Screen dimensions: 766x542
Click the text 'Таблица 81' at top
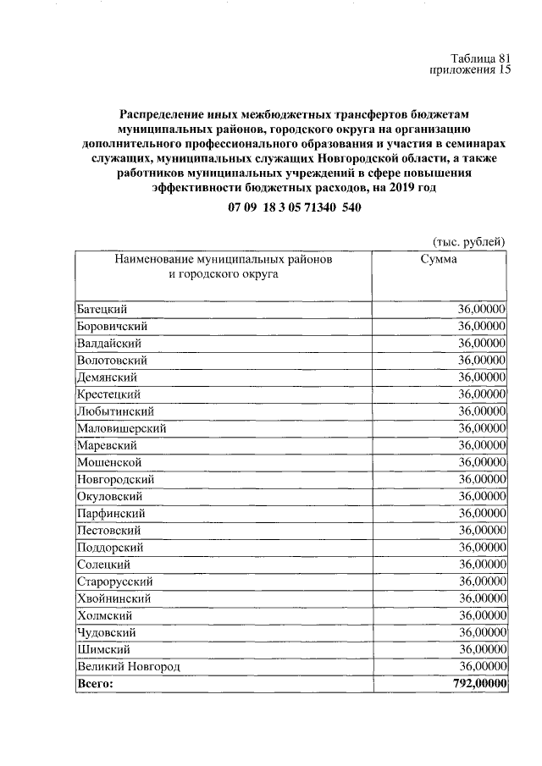481,58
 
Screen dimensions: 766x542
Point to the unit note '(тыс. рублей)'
468,240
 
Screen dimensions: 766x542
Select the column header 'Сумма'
439,259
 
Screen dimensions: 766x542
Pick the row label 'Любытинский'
114,411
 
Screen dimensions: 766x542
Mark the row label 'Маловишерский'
121,428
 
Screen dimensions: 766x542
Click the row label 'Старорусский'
114,581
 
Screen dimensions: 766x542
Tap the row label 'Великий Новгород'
129,667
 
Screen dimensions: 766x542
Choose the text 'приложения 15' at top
471,70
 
